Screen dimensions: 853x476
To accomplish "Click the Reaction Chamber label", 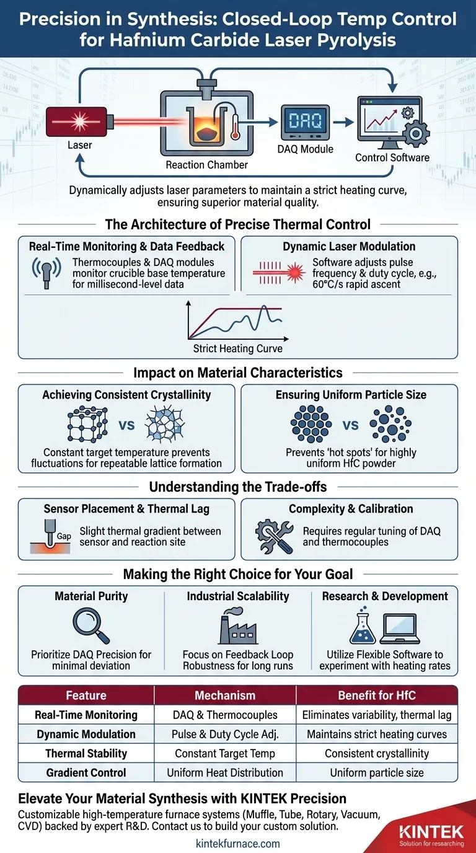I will coord(206,165).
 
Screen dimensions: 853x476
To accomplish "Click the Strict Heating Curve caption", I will coord(237,348).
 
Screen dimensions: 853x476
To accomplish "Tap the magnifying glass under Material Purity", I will coord(90,626).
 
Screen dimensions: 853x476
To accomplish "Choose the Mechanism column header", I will coord(225,696).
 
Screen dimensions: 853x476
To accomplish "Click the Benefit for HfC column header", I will coord(377,696).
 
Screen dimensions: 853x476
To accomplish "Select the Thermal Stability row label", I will coord(86,753).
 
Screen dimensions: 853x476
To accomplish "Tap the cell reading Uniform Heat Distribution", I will coord(225,772).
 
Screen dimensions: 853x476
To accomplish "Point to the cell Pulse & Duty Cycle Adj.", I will coord(225,734).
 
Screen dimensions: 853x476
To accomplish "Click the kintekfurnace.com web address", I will coord(237,843).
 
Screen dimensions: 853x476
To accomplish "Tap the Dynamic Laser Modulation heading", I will coord(349,246).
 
